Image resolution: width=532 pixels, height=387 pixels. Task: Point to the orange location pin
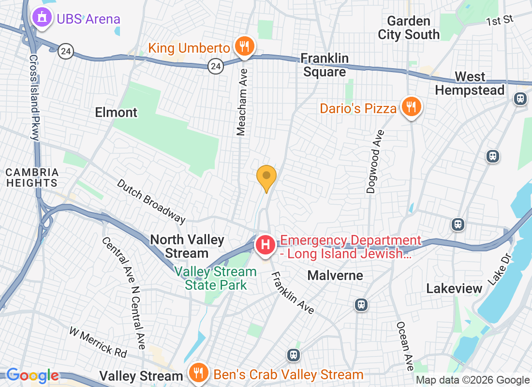click(x=266, y=177)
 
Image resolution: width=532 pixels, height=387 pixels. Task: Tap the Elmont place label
click(x=116, y=113)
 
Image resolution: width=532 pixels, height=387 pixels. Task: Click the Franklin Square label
click(x=325, y=65)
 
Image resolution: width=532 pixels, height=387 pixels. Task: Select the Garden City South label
click(x=409, y=28)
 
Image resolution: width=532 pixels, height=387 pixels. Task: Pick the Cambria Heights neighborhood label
click(x=32, y=178)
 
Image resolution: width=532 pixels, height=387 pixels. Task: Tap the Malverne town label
click(x=335, y=276)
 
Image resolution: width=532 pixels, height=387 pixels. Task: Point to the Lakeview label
click(x=454, y=289)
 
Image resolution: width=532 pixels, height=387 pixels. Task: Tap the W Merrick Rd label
click(x=98, y=342)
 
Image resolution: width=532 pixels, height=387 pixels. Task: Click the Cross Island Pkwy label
click(x=34, y=97)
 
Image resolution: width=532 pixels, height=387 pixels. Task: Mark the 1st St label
click(x=500, y=20)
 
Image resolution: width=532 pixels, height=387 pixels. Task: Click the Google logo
click(x=32, y=375)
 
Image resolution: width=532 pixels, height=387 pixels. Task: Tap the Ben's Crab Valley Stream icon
click(x=198, y=374)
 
